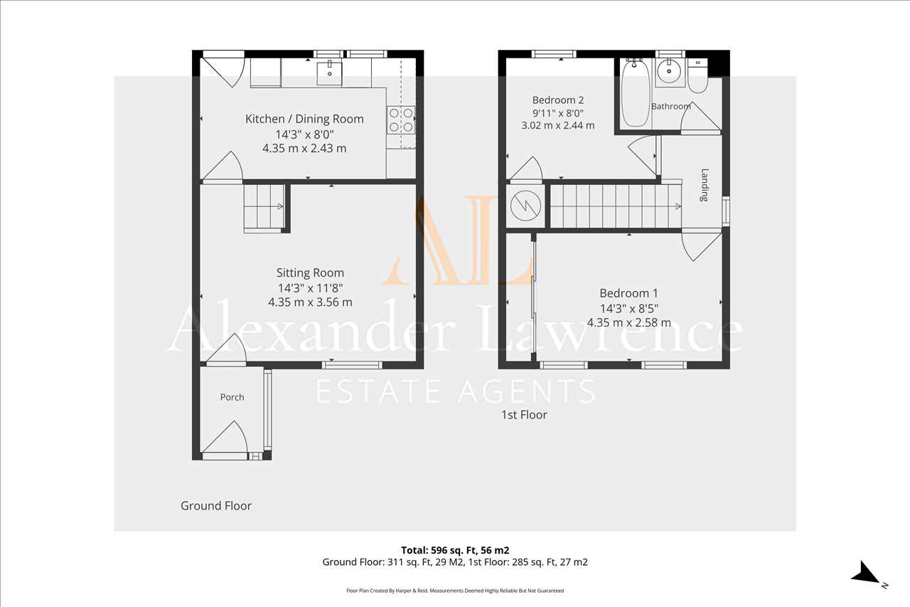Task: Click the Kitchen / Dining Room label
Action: (304, 119)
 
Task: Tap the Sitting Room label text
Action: (310, 273)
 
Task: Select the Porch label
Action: (232, 397)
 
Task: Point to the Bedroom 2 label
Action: (558, 100)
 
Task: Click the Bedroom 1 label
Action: (628, 293)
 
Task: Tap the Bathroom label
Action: (670, 107)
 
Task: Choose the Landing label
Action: (705, 185)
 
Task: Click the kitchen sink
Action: (329, 73)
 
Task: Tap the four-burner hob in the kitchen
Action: (401, 120)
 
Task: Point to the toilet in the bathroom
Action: (698, 76)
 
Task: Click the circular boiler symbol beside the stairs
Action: (525, 206)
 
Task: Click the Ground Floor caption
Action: (216, 506)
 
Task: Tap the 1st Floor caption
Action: (524, 415)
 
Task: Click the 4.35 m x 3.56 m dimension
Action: (310, 302)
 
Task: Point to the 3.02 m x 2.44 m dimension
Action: (558, 125)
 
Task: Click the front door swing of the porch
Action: (225, 437)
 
